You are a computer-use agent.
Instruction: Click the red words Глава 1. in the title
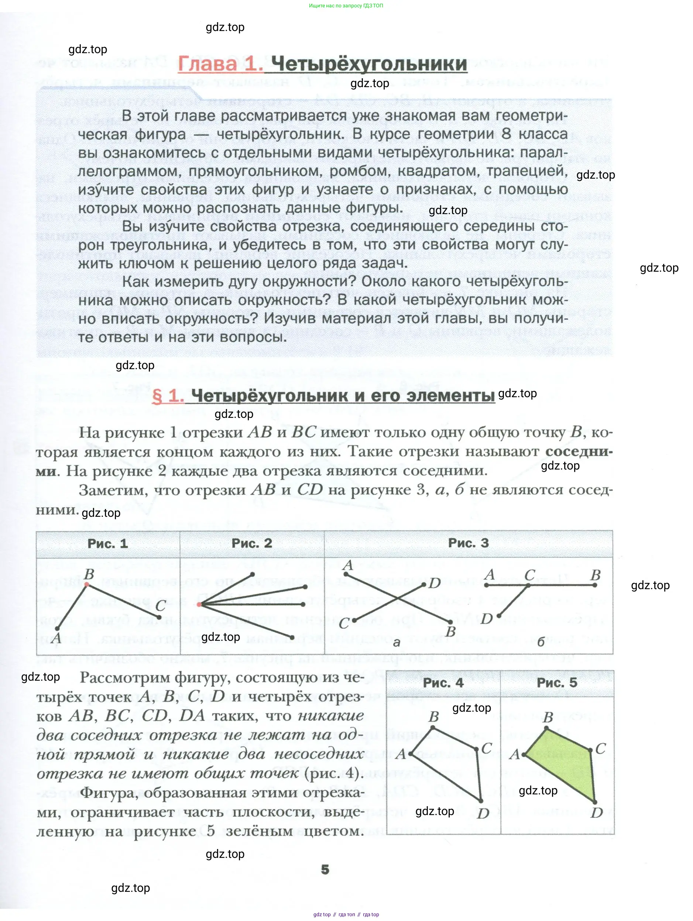[x=220, y=64]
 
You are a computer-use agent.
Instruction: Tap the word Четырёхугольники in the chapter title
[x=368, y=64]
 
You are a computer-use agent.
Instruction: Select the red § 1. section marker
[x=168, y=396]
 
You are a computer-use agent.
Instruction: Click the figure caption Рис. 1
[x=107, y=544]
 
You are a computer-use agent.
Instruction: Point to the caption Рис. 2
[x=251, y=543]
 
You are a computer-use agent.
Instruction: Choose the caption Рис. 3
[x=468, y=543]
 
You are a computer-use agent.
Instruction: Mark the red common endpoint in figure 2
[x=199, y=604]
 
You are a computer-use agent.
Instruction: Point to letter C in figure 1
[x=161, y=606]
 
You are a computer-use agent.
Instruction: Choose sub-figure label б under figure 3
[x=541, y=642]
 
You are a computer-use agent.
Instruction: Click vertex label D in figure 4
[x=483, y=813]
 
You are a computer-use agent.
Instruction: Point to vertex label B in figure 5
[x=548, y=717]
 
